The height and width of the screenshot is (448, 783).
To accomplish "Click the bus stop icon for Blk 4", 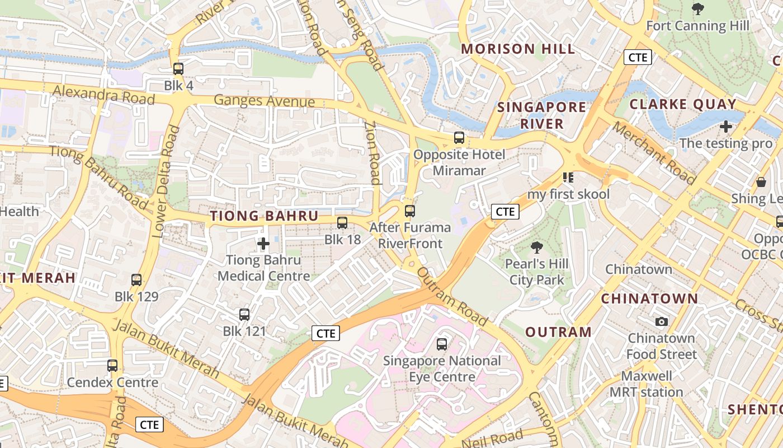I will [x=178, y=69].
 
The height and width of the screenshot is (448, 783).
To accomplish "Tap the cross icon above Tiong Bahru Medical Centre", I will [x=263, y=244].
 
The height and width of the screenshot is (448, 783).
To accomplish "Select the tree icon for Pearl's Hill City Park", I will [x=536, y=247].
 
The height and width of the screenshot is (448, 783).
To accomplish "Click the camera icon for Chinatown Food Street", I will [x=662, y=321].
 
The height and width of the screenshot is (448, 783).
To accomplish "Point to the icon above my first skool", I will [x=568, y=178].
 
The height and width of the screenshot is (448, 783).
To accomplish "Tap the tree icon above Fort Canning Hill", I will [x=697, y=9].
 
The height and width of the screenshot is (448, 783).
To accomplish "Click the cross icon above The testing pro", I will [x=726, y=127].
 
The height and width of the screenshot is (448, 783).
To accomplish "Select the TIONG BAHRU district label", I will [x=264, y=216].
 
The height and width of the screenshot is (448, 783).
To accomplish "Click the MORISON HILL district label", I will [x=518, y=49].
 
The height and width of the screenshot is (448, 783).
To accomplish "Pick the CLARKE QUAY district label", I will [x=683, y=104].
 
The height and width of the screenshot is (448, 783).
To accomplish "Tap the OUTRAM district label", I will [x=559, y=332].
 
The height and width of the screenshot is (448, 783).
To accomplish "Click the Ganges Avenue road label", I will [x=265, y=101].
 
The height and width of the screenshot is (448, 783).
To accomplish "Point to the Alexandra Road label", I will [x=103, y=94].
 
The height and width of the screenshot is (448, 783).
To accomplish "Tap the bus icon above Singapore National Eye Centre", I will [x=442, y=344].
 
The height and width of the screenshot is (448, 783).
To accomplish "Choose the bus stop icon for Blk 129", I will [x=136, y=280].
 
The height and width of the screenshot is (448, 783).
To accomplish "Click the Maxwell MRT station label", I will [x=645, y=384].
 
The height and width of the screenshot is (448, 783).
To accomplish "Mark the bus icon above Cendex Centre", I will [x=112, y=366].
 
